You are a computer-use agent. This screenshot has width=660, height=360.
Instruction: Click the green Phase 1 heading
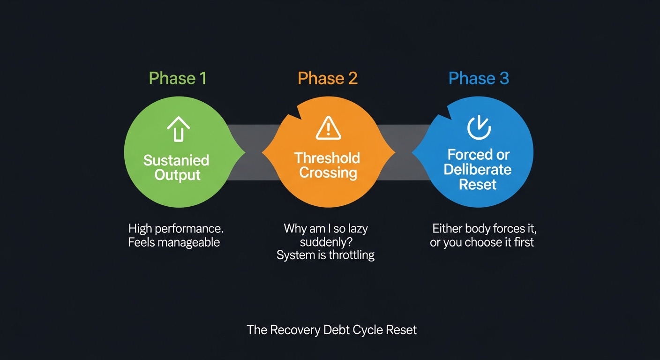click(178, 78)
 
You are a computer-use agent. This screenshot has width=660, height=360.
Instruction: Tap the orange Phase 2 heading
click(328, 78)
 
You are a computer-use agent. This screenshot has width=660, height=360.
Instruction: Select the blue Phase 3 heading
click(479, 78)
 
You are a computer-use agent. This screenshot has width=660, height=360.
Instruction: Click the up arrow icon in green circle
click(178, 129)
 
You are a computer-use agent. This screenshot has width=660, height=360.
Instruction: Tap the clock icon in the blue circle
click(479, 127)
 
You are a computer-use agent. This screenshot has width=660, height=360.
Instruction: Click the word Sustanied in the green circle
click(176, 160)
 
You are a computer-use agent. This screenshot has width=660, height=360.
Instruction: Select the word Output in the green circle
click(178, 175)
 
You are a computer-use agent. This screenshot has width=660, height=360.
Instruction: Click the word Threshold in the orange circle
click(327, 158)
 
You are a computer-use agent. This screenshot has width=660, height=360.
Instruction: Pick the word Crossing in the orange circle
click(328, 172)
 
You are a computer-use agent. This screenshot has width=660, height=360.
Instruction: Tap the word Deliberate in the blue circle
click(478, 169)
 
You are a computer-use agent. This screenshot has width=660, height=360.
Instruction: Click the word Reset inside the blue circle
click(478, 184)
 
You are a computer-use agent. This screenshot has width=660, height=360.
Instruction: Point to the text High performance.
click(176, 229)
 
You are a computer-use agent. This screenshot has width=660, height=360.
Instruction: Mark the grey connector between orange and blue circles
click(404, 152)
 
